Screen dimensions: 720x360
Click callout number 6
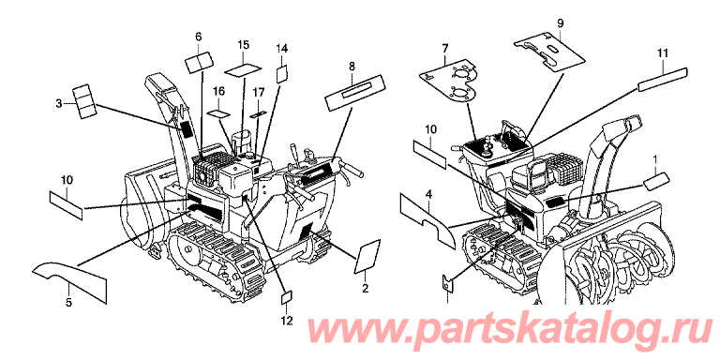tap(199, 37)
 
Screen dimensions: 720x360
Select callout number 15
tap(244, 45)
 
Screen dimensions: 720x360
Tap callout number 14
tap(282, 48)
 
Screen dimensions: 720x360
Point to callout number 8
tap(352, 67)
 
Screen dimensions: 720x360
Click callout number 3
tap(59, 104)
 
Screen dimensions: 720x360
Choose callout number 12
tap(287, 321)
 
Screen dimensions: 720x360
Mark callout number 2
tap(366, 289)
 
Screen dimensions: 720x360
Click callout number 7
tap(445, 48)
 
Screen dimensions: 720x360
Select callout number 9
tap(560, 23)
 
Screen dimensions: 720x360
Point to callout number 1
tap(655, 159)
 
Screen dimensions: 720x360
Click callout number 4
tap(428, 195)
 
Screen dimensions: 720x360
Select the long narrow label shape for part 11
tap(663, 79)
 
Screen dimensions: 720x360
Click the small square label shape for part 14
tap(282, 74)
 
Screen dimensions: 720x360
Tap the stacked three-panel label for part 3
tap(85, 102)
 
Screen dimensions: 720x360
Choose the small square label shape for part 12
tap(287, 297)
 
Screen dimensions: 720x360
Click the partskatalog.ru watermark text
tap(510, 331)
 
